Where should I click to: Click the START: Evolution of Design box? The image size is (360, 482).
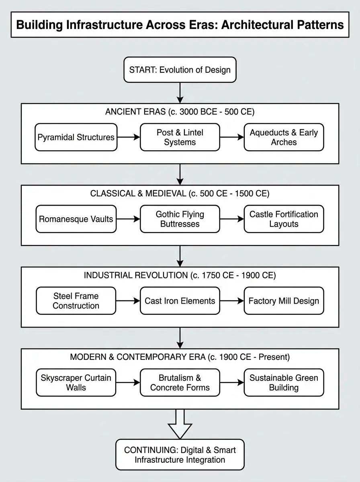click(180, 69)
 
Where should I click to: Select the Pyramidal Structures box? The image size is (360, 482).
click(76, 137)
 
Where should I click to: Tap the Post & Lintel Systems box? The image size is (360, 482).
click(180, 137)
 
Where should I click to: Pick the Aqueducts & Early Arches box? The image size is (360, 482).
click(284, 137)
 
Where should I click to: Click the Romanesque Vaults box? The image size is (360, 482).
click(76, 219)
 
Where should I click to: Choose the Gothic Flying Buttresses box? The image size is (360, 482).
click(180, 219)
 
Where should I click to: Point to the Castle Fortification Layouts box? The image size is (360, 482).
click(284, 219)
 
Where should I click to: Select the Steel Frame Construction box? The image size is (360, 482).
click(76, 301)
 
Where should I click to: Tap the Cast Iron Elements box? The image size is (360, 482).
click(180, 301)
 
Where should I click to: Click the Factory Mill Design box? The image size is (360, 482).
click(284, 301)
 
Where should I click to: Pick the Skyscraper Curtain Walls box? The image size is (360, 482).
click(76, 383)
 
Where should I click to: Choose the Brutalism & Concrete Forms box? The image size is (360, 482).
click(180, 383)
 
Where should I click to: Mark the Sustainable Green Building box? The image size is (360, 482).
click(284, 383)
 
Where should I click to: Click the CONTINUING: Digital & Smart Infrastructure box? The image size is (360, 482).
click(180, 455)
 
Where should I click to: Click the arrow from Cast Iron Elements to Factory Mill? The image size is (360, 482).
click(232, 301)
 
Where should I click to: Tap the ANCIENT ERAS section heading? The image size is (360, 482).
click(180, 112)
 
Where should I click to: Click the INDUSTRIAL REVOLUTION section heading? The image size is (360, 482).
click(180, 275)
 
